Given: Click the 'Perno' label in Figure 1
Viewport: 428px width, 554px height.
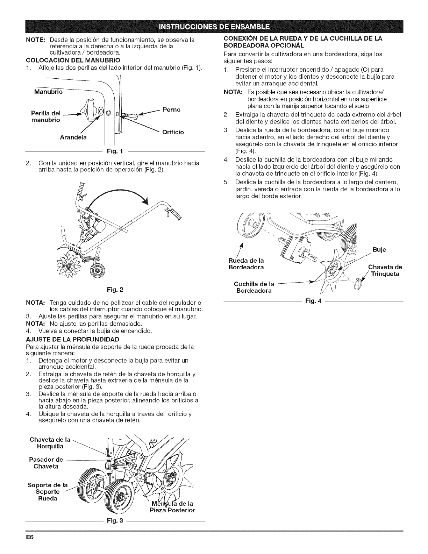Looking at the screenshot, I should [171, 110].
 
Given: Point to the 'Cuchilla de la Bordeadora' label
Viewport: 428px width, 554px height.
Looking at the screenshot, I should [254, 287].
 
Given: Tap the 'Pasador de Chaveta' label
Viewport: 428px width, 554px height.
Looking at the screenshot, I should [46, 463].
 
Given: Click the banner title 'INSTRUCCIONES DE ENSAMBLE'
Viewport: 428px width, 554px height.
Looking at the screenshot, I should [214, 26].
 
